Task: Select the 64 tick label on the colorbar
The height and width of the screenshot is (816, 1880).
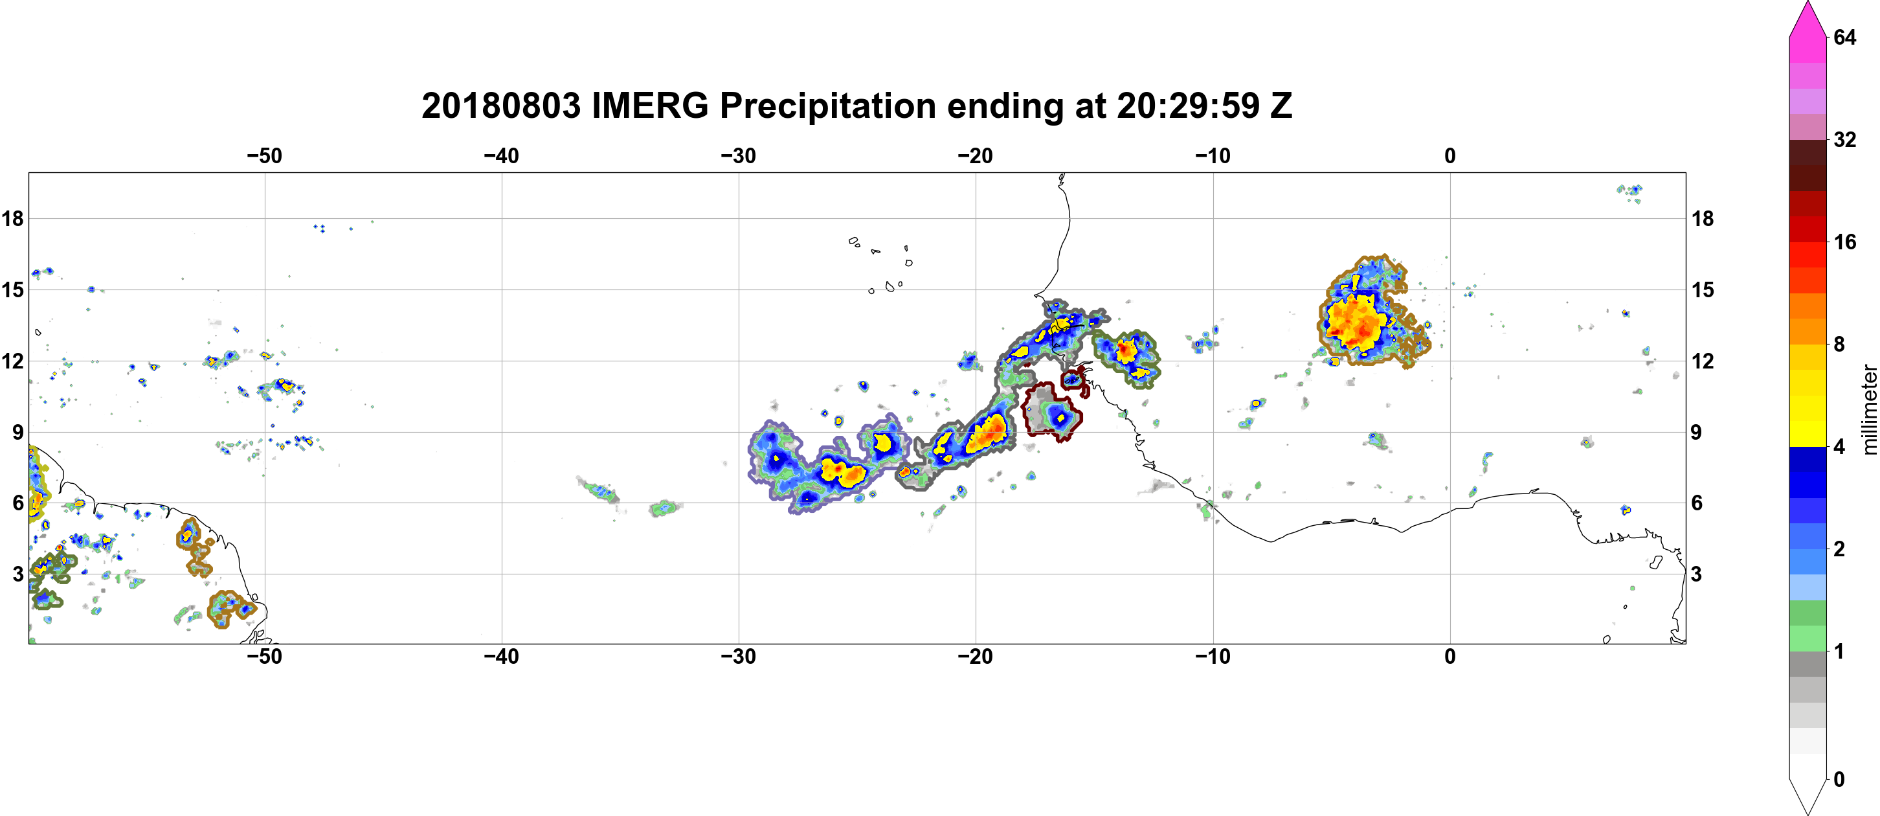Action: tap(1845, 37)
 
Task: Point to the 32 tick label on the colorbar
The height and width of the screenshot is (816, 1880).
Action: tap(1845, 139)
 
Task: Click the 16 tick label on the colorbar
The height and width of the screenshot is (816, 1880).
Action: tap(1845, 242)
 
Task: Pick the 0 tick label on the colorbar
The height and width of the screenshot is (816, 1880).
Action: tap(1839, 780)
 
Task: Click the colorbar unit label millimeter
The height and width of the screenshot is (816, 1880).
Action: tap(1869, 409)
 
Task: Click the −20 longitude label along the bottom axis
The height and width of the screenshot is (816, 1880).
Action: tap(976, 656)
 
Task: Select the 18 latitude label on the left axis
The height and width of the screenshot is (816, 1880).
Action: tap(12, 218)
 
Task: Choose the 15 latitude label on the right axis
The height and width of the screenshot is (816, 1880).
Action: tap(1703, 289)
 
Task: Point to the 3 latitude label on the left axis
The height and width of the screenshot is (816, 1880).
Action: tap(18, 574)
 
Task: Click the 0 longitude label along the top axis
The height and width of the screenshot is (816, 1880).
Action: tap(1450, 155)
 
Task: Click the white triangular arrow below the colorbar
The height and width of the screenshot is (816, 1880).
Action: tap(1807, 795)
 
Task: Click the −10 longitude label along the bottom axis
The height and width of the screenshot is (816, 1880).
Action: tap(1213, 656)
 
